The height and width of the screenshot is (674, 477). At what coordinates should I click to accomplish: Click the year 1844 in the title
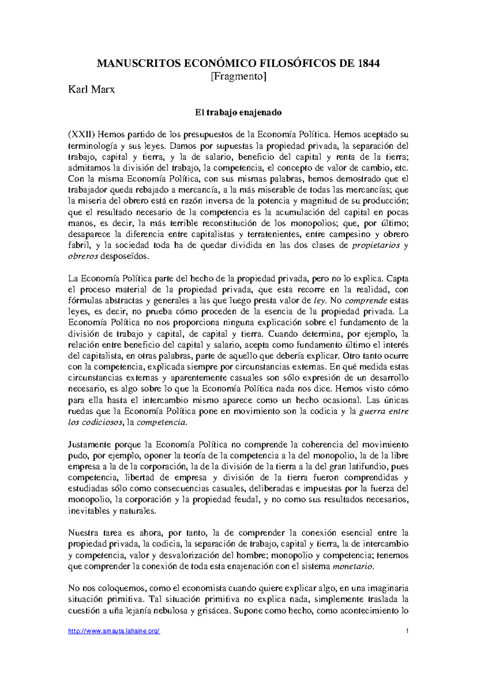(x=368, y=63)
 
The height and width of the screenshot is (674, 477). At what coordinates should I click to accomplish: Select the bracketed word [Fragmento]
(x=238, y=76)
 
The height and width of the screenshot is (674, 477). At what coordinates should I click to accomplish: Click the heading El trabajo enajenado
(x=238, y=112)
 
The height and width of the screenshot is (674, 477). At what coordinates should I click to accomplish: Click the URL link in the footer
(x=114, y=631)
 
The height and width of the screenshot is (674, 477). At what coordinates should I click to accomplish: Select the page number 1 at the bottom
(x=407, y=631)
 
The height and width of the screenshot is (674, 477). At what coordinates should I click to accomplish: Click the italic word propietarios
(x=376, y=245)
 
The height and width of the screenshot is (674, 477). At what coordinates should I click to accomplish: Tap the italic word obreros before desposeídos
(x=83, y=256)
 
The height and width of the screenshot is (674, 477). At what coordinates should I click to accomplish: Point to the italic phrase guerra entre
(x=383, y=411)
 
